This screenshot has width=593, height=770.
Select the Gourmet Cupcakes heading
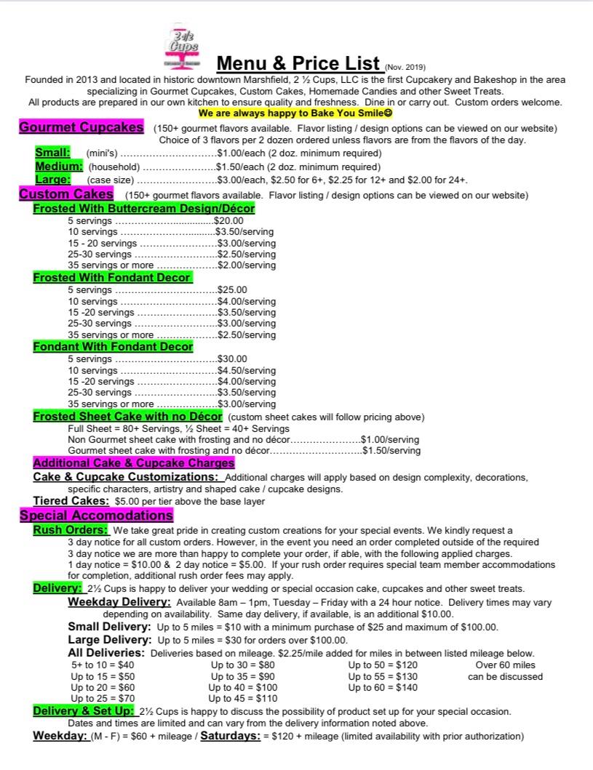click(x=81, y=127)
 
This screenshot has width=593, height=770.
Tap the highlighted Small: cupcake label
click(x=53, y=153)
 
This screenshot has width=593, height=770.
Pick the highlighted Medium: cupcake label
click(x=59, y=166)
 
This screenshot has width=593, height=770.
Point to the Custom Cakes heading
click(x=66, y=194)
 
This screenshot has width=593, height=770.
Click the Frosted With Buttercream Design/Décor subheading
click(x=144, y=208)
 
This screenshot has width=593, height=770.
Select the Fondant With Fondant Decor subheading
click(x=113, y=346)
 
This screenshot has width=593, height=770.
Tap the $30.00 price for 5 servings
click(x=233, y=358)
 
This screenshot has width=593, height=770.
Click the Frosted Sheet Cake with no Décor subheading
click(x=127, y=416)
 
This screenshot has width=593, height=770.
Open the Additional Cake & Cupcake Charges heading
click(x=134, y=462)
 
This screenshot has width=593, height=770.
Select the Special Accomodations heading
click(x=96, y=516)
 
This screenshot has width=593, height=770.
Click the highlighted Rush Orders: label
click(x=71, y=530)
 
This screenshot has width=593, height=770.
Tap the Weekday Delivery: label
click(x=119, y=602)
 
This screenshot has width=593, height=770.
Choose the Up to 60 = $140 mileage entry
click(x=383, y=687)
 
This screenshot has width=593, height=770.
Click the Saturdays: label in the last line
click(x=231, y=736)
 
